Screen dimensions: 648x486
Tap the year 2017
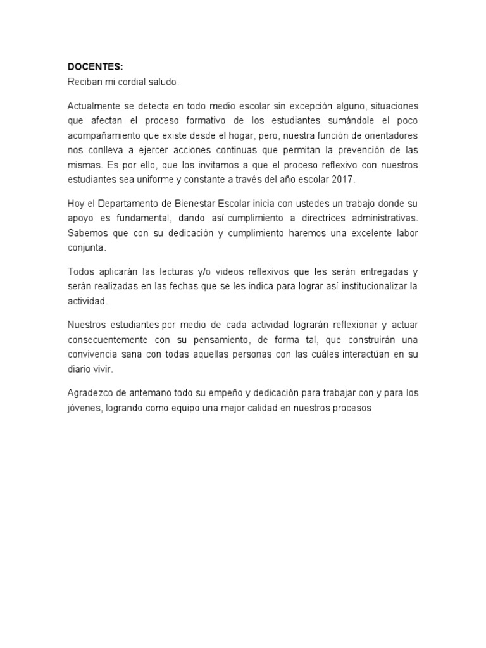(x=346, y=180)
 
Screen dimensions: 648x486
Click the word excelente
(x=364, y=234)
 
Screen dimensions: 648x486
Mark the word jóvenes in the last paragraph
(x=84, y=408)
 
